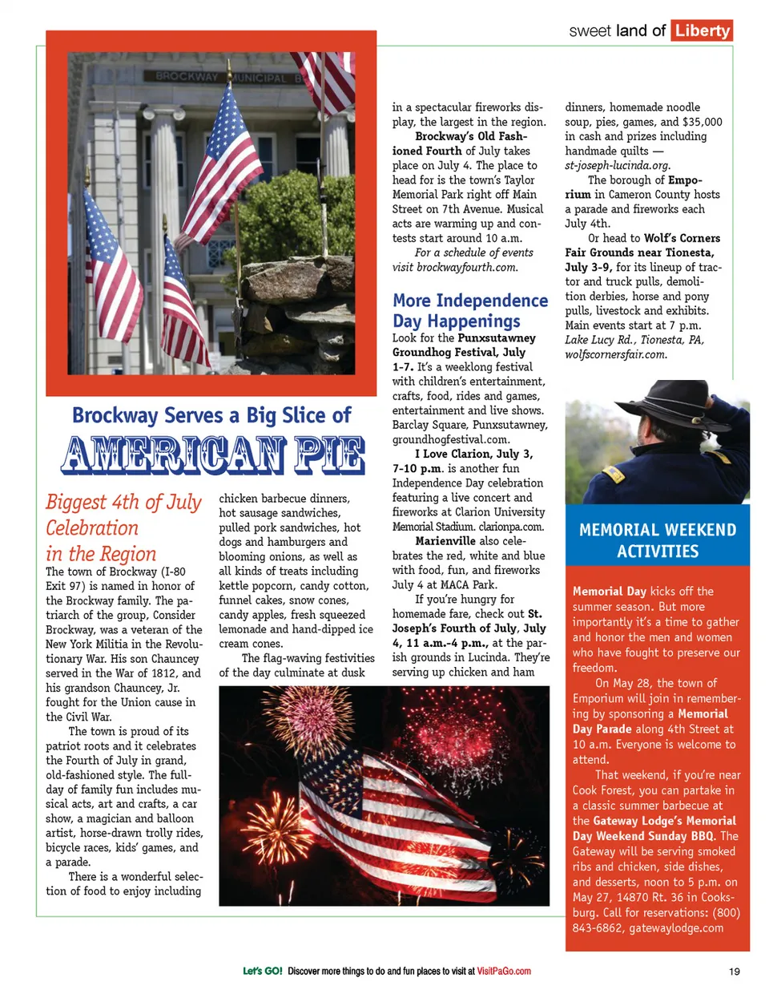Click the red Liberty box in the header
coord(702,30)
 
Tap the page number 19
coord(735,972)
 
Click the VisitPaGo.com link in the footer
coord(504,972)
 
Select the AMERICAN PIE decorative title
coord(213,455)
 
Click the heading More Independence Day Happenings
coord(469,311)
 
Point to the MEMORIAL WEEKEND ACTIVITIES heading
coord(657,540)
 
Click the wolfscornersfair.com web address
coord(615,354)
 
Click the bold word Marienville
coord(445,541)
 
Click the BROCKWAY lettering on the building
coord(186,77)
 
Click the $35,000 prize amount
coord(702,122)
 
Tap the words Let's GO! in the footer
coord(262,972)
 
